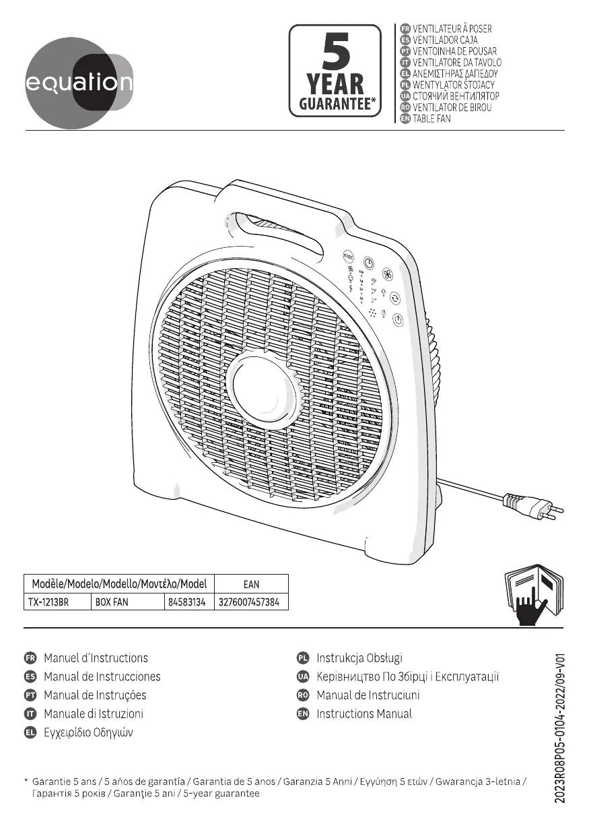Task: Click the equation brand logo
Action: [x=79, y=84]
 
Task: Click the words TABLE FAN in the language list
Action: [x=431, y=119]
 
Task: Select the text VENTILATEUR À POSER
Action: [x=452, y=29]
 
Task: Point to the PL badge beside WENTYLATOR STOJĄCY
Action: [x=405, y=86]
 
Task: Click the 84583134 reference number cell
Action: [x=186, y=602]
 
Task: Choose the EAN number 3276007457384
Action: [x=250, y=602]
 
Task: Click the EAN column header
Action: [x=250, y=584]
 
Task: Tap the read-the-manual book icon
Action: [x=534, y=596]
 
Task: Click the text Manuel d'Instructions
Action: [x=96, y=658]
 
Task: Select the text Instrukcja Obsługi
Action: [x=359, y=658]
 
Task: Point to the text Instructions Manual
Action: [x=364, y=713]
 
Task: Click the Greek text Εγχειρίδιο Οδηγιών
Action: [x=88, y=732]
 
